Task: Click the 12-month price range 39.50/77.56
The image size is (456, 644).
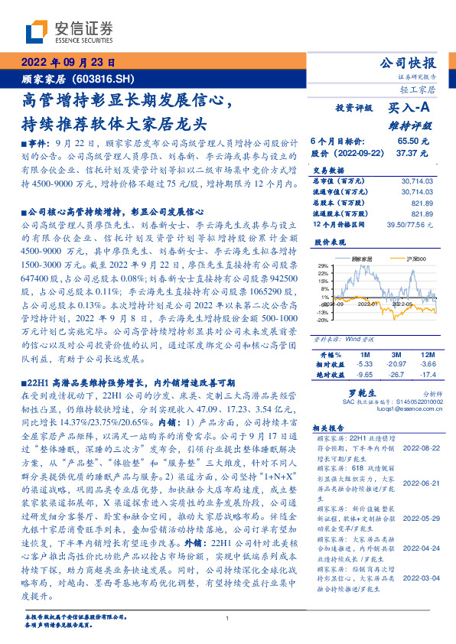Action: [x=412, y=224]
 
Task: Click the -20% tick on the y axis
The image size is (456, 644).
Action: [x=324, y=320]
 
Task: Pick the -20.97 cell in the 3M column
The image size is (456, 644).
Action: [x=397, y=364]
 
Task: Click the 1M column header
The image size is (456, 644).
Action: [x=365, y=355]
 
